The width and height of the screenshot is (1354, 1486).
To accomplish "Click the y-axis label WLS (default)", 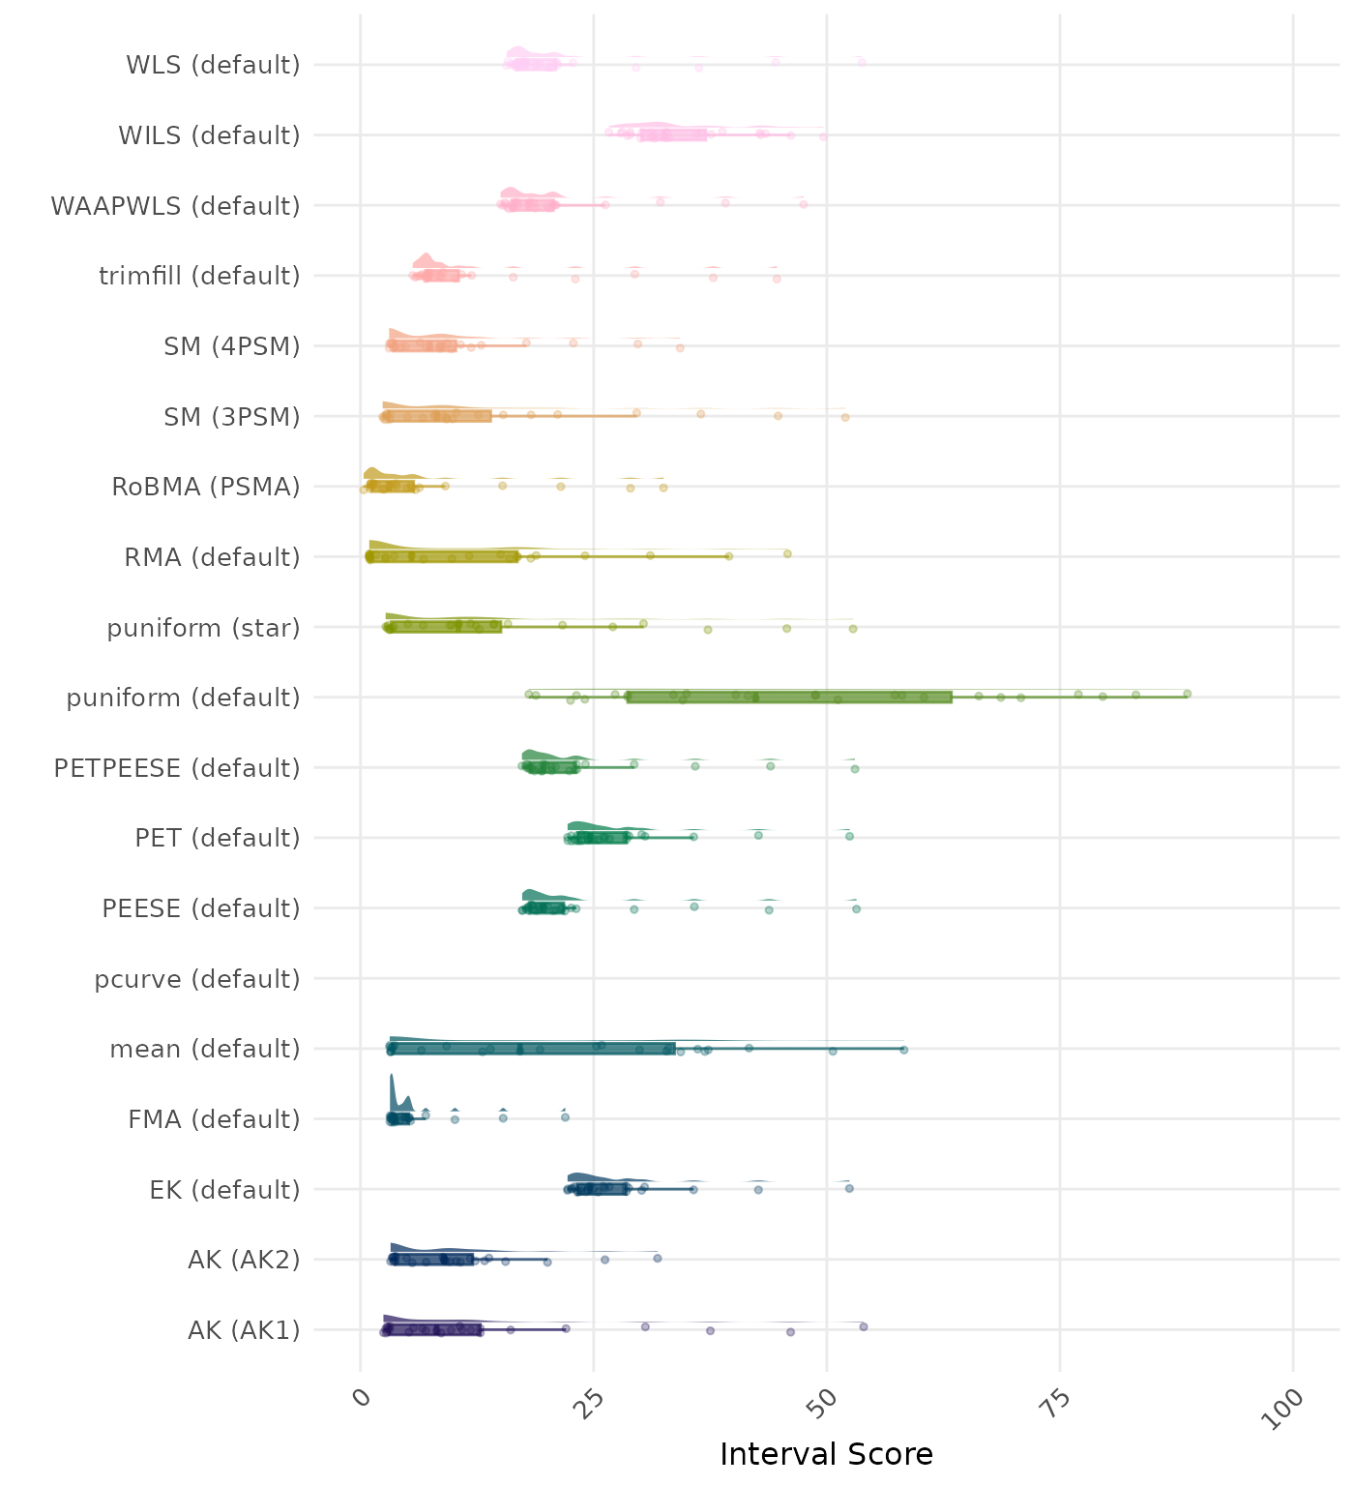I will click(213, 65).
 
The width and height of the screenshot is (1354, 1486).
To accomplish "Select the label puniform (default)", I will click(183, 698).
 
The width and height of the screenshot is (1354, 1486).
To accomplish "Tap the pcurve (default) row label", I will click(197, 979).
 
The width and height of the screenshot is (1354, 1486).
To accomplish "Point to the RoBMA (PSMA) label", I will click(206, 487).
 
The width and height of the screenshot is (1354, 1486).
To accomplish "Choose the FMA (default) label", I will click(214, 1119).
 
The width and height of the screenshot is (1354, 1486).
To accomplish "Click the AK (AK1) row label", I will click(244, 1330).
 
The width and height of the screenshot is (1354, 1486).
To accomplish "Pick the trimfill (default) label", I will click(199, 276).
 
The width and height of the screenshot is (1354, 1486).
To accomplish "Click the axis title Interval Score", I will click(826, 1454).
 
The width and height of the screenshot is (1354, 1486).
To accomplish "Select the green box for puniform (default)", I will click(789, 698).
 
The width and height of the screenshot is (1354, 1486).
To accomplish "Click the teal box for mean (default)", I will click(532, 1049).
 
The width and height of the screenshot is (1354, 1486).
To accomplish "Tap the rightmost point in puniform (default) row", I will click(1187, 694).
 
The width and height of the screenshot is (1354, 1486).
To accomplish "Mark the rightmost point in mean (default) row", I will click(903, 1049).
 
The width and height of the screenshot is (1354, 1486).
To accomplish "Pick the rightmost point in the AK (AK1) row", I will click(863, 1326).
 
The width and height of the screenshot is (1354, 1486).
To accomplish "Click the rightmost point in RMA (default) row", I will click(787, 553).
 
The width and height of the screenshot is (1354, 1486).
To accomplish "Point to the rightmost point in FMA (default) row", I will click(565, 1117).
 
